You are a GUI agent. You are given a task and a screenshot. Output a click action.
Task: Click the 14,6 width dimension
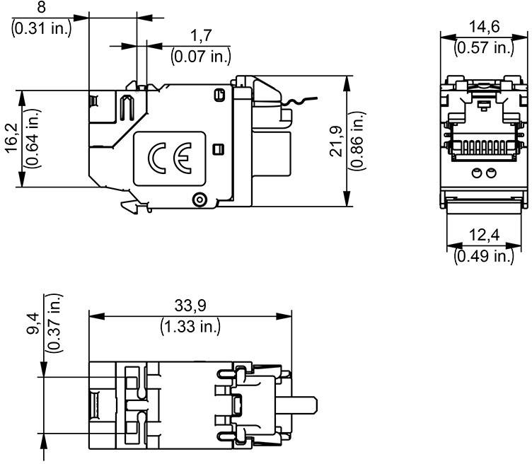click(484, 28)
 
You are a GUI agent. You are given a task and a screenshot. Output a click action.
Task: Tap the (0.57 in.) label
click(484, 47)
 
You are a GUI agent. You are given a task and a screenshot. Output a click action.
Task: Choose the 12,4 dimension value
click(483, 235)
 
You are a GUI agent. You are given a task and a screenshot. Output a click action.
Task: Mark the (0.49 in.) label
click(483, 255)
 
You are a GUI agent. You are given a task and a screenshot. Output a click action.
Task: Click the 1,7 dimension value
click(199, 35)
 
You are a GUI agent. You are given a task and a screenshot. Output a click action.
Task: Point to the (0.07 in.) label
click(200, 55)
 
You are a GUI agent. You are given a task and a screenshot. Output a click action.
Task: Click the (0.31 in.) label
click(42, 30)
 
